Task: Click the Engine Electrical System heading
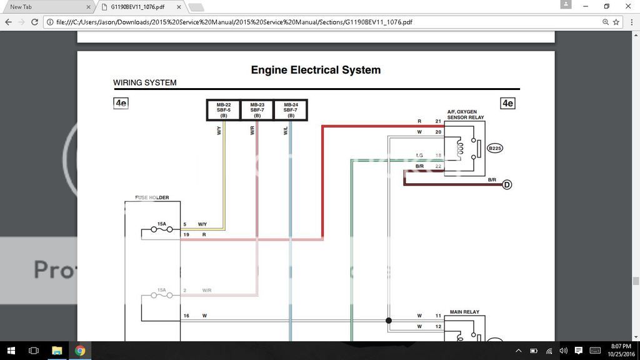[x=316, y=70]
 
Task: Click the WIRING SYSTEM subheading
[x=144, y=82]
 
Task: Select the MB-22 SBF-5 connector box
[x=224, y=110]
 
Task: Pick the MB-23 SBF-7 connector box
[x=257, y=110]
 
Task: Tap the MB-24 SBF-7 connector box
[x=291, y=110]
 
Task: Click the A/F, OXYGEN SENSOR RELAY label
[x=465, y=114]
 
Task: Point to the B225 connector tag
[x=495, y=148]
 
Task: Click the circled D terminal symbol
[x=507, y=185]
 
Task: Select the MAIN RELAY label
[x=462, y=311]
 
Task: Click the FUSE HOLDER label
[x=152, y=198]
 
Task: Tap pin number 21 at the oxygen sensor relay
[x=438, y=121]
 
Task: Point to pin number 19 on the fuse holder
[x=186, y=234]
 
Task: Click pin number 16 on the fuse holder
[x=186, y=316]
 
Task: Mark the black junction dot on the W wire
[x=389, y=321]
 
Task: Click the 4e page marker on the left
[x=121, y=104]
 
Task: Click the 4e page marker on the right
[x=507, y=104]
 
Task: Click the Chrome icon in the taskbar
[x=80, y=351]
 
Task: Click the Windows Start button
[x=11, y=351]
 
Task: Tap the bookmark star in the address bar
[x=616, y=22]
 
